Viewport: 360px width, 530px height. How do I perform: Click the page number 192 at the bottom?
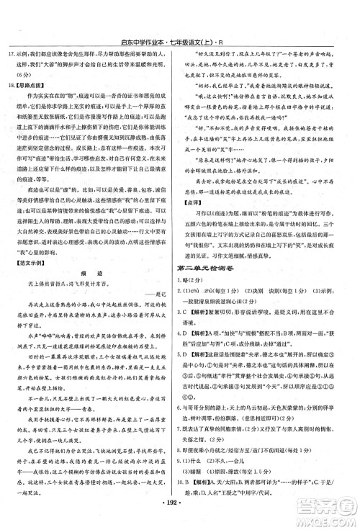coord(179,516)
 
